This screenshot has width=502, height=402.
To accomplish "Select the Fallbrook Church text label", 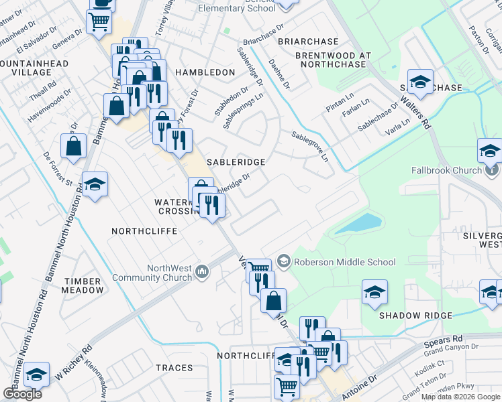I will point(447,170).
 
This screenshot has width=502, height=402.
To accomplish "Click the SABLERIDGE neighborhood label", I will point(236,162).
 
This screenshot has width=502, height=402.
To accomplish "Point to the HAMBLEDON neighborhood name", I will point(205,72).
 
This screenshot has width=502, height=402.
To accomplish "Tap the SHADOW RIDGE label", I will point(412,316).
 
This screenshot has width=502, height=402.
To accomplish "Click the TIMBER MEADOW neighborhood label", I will point(83,286).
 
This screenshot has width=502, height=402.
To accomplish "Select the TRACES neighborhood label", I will point(174,368).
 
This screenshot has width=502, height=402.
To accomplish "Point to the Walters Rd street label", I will point(415,111).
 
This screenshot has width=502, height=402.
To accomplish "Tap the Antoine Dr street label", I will point(359,387).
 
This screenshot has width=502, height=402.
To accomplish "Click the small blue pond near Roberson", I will point(358,223).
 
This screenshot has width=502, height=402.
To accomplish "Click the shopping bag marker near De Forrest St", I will point(73,145).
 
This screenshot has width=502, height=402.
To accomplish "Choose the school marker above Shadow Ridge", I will point(374,291).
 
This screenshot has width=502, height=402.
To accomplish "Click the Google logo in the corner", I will point(22,394).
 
